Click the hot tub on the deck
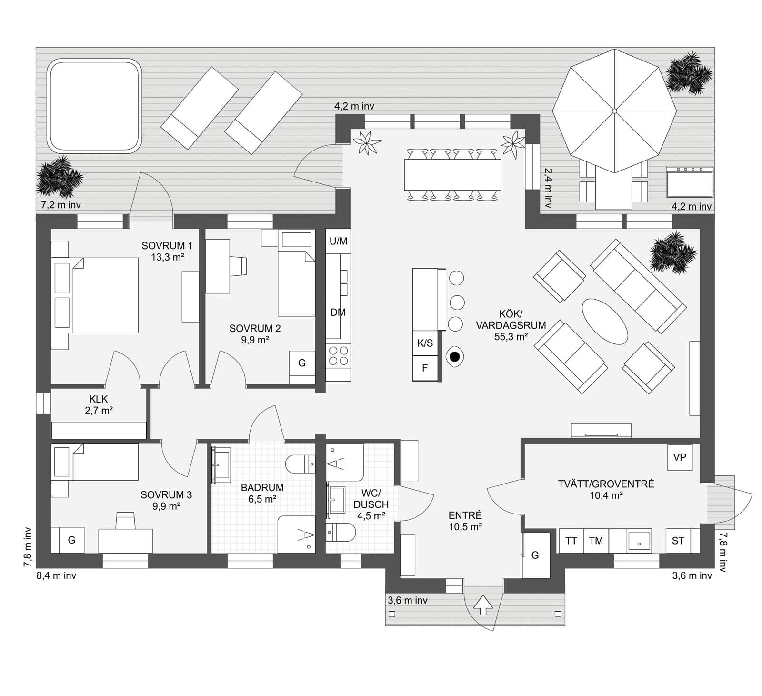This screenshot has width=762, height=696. [x=94, y=106]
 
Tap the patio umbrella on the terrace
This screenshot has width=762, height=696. [x=614, y=111]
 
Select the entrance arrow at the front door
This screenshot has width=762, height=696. [x=484, y=605]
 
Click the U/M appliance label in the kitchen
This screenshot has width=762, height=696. [x=338, y=241]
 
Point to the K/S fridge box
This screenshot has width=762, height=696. [x=425, y=343]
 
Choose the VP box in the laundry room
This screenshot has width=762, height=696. [x=679, y=457]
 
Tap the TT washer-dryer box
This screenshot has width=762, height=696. [x=571, y=541]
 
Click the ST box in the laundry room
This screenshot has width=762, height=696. [x=678, y=541]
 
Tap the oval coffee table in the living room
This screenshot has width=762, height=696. [x=605, y=321]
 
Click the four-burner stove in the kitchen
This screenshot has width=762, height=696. [x=338, y=356]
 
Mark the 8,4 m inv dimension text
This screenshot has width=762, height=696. [x=56, y=575]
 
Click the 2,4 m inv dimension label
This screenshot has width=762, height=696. [x=548, y=188]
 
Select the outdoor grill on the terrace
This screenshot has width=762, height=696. [x=690, y=182]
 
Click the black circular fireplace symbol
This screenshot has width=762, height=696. [x=455, y=356]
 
